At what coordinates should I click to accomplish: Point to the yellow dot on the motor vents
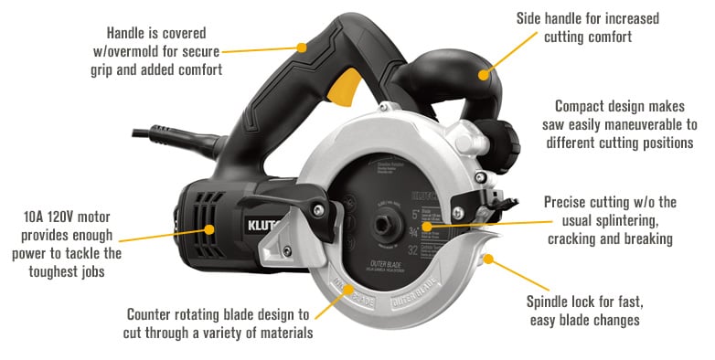point(210,230)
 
